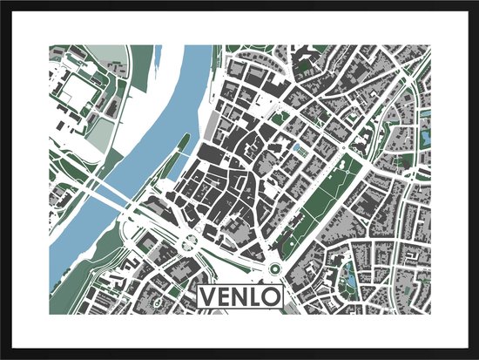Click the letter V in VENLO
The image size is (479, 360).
coord(208,298)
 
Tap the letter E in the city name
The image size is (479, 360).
coord(225,298)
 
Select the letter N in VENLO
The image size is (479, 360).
coord(241,298)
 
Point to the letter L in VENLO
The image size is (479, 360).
coord(257,298)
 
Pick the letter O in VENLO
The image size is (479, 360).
coord(272,298)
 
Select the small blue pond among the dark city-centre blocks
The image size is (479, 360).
coord(300,149)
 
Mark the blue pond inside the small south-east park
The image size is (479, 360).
coord(350,282)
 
